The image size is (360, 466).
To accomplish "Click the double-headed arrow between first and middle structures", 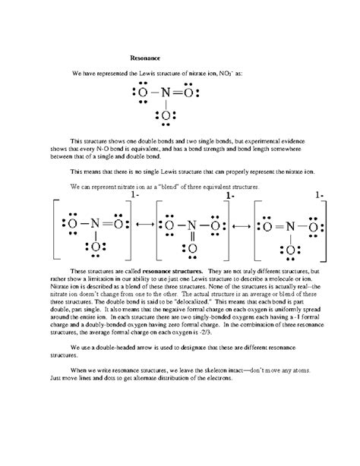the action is (x=144, y=225).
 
